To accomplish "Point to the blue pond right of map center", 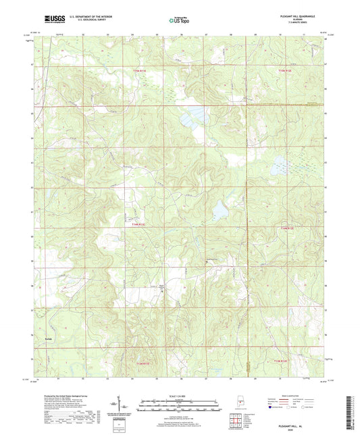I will tap(220, 211).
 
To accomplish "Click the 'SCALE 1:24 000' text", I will tap(179, 396).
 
